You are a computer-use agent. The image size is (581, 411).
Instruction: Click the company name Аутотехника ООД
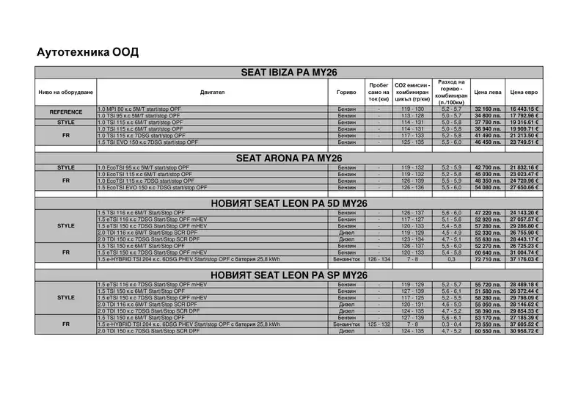pyautogui.click(x=87, y=52)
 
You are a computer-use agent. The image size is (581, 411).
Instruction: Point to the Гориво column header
pyautogui.click(x=346, y=92)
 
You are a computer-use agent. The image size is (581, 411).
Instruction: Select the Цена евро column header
pyautogui.click(x=524, y=92)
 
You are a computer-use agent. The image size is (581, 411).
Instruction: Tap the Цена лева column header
pyautogui.click(x=488, y=92)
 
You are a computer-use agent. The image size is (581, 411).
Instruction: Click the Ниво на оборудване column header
pyautogui.click(x=66, y=92)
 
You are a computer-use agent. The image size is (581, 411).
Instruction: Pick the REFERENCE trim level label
pyautogui.click(x=66, y=112)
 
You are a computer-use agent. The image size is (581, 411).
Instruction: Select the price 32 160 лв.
pyautogui.click(x=488, y=109)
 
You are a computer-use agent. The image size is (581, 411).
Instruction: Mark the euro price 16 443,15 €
pyautogui.click(x=524, y=109)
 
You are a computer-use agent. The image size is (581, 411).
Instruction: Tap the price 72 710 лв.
pyautogui.click(x=488, y=259)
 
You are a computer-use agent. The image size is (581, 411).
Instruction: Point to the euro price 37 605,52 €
pyautogui.click(x=524, y=324)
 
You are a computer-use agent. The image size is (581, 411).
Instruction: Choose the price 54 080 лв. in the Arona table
pyautogui.click(x=488, y=187)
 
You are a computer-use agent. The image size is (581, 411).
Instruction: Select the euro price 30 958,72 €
pyautogui.click(x=524, y=331)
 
